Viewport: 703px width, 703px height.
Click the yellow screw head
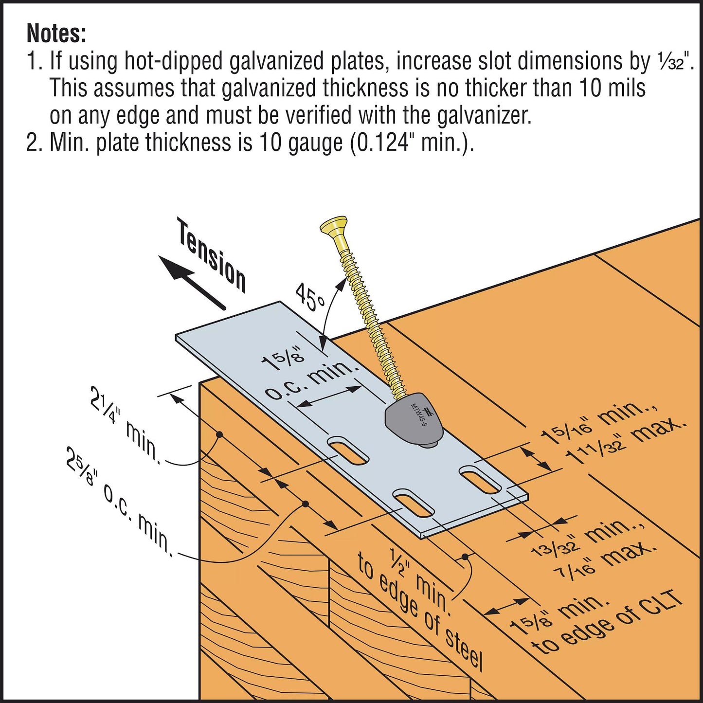click(334, 229)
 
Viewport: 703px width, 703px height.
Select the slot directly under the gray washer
click(481, 480)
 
